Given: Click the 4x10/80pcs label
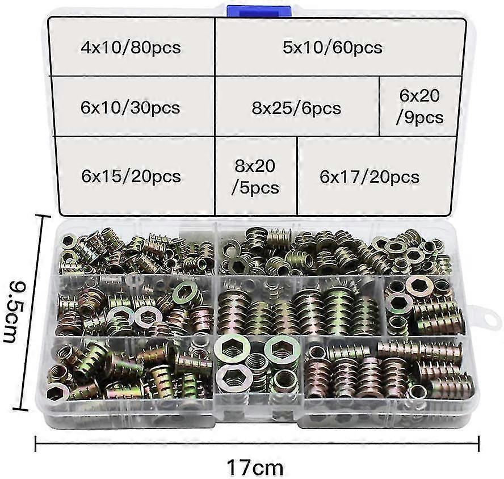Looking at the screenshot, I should click(131, 47).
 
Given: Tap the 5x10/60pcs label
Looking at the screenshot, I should click(333, 47).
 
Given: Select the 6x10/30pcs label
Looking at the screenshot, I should click(131, 107).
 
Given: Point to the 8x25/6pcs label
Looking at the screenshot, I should click(297, 107).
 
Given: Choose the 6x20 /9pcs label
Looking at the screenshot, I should click(419, 107).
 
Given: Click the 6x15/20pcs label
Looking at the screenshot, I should click(131, 176).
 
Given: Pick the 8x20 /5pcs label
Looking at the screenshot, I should click(255, 176).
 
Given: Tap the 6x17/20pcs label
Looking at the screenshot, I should click(369, 177).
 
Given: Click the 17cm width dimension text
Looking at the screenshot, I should click(255, 468).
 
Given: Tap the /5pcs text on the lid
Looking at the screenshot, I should click(255, 187).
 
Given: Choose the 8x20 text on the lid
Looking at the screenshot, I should click(255, 166).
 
